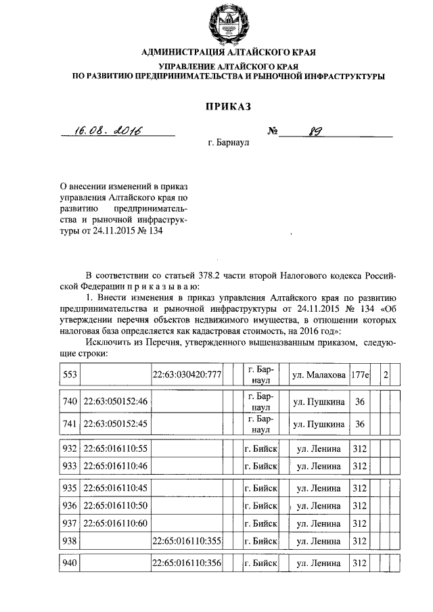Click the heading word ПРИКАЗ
coord(228,106)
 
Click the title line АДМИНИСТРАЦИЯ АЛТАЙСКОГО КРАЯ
coord(228,52)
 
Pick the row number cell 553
coord(70,375)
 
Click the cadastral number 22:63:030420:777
coord(187,375)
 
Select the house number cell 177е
coord(359,375)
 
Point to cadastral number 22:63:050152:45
coord(115,424)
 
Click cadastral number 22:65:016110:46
coord(115,466)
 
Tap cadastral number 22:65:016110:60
coord(115,523)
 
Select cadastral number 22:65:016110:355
coord(187,540)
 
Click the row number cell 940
coord(70,563)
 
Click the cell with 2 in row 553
coord(385,375)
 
